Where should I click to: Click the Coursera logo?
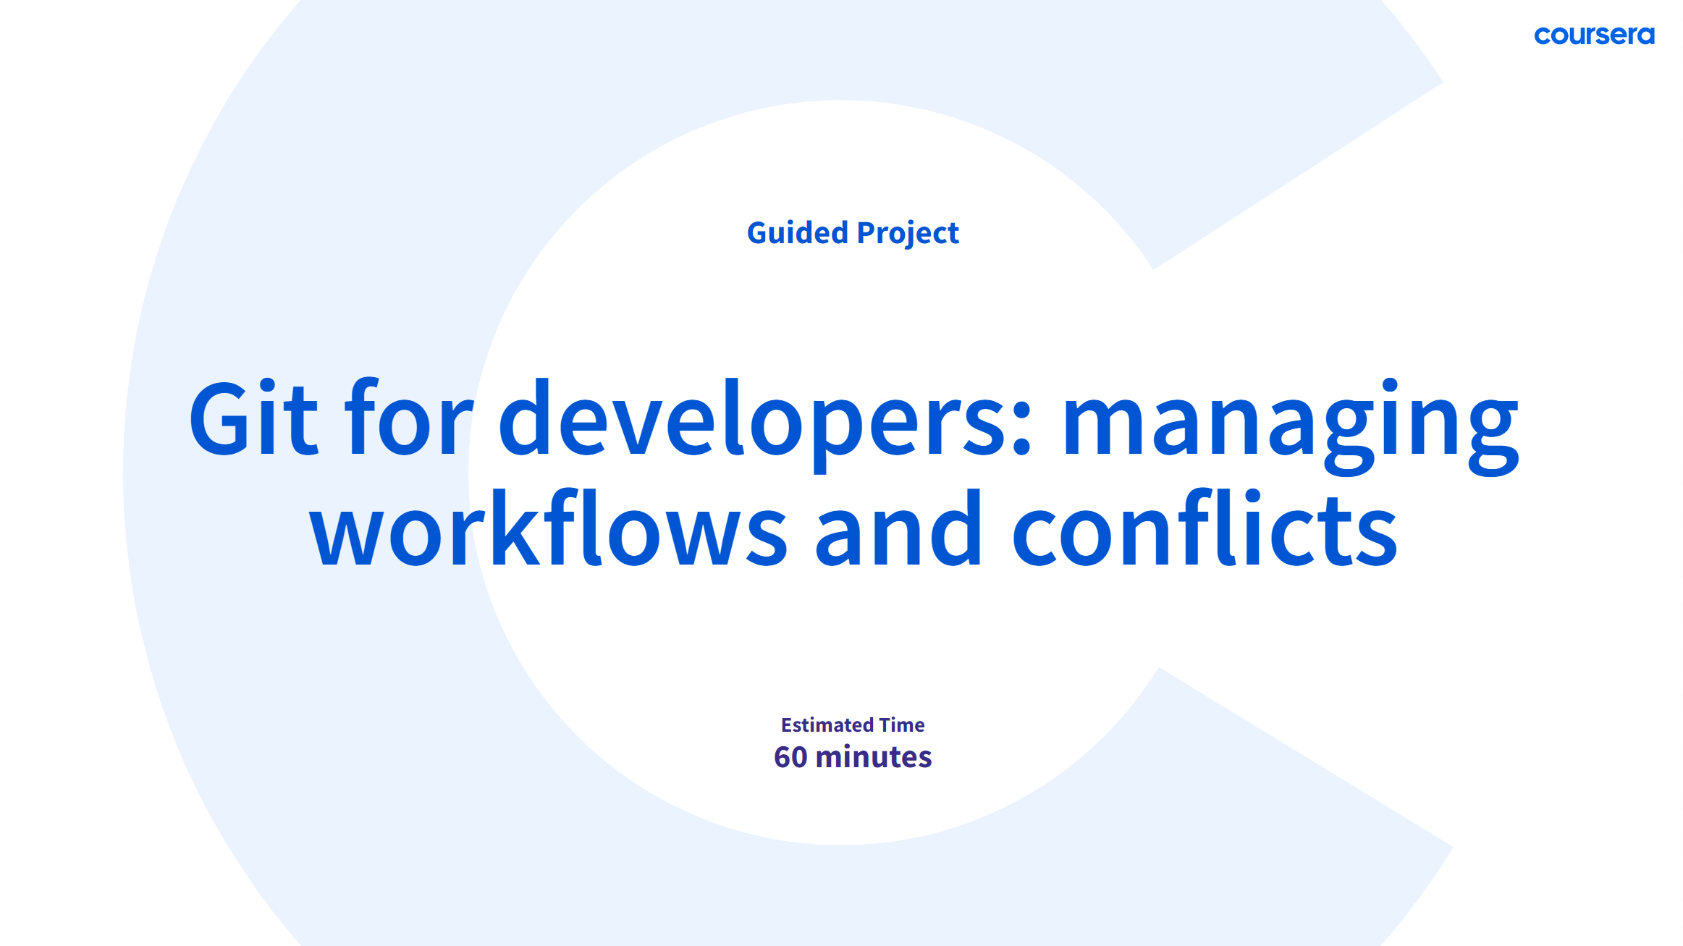tap(1594, 35)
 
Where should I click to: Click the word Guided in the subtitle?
tap(797, 233)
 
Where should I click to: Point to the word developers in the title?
tap(756, 423)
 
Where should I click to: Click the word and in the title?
tap(898, 526)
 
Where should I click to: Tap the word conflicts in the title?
tap(1205, 526)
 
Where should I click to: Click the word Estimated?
tap(827, 725)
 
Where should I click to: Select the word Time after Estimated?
tap(902, 725)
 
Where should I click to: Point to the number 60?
tap(790, 757)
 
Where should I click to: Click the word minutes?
tap(874, 757)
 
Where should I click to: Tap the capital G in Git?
tap(220, 418)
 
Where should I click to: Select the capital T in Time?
tap(887, 725)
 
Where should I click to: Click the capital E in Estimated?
tap(788, 725)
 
